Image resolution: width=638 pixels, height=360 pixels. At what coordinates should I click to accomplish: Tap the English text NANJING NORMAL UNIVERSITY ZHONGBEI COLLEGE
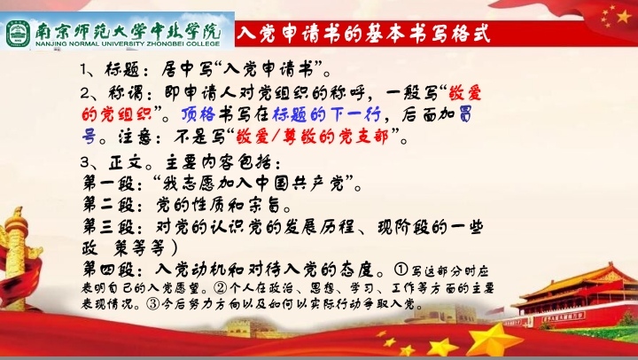click(x=128, y=44)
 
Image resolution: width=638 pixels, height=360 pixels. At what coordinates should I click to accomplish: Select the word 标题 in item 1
click(x=121, y=70)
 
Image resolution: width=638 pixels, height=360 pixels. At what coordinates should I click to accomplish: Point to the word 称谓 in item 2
click(x=125, y=93)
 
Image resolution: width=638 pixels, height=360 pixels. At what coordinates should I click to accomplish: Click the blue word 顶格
click(x=198, y=115)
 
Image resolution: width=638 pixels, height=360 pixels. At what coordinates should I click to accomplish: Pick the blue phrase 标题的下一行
click(x=327, y=115)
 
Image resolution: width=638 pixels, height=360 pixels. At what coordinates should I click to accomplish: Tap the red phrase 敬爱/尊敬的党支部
click(x=312, y=137)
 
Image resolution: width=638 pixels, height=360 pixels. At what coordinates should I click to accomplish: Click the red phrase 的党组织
click(x=116, y=115)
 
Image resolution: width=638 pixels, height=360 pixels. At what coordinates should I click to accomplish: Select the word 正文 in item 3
click(x=125, y=163)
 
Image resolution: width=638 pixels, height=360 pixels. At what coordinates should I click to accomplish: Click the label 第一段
click(x=109, y=184)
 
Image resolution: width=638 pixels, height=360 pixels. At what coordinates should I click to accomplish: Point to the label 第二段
click(x=109, y=205)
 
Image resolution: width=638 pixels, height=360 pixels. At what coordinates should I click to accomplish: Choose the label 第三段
click(x=109, y=227)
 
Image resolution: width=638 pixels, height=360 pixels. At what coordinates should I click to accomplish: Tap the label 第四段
click(x=109, y=270)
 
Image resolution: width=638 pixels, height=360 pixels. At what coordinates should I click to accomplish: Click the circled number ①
click(x=401, y=270)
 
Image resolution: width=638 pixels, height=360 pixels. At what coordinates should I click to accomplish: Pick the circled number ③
click(x=153, y=304)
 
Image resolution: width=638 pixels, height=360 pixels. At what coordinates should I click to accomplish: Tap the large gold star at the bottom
click(x=494, y=339)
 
